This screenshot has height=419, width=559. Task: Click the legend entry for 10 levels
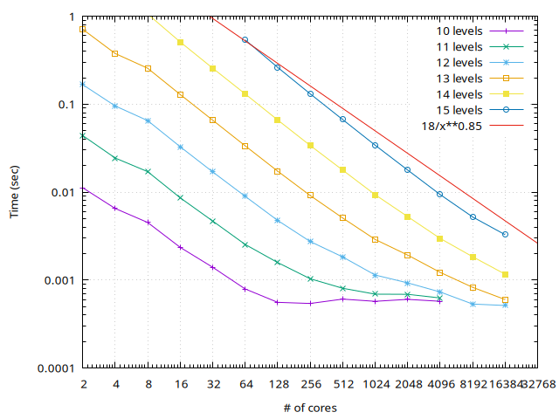click(459, 31)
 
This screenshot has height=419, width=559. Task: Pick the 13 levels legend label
click(459, 79)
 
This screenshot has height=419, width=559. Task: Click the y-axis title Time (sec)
click(15, 192)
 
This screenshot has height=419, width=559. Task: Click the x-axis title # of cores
click(310, 408)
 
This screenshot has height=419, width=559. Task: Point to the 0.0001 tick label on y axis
click(53, 367)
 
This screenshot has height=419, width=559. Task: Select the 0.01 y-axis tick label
click(62, 192)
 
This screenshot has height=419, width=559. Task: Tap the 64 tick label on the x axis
click(245, 384)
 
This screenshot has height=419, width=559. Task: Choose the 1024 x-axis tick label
click(375, 384)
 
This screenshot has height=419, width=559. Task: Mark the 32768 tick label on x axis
click(537, 384)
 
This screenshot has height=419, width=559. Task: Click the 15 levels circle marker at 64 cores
click(245, 40)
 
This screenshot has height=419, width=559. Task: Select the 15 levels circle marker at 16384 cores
click(505, 234)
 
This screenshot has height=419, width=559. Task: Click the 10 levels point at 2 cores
click(84, 189)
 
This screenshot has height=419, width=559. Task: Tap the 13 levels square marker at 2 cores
click(84, 29)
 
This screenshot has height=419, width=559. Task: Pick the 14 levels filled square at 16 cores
click(181, 42)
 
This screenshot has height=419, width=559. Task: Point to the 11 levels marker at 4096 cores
click(440, 298)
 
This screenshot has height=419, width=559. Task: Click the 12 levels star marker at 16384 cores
click(505, 305)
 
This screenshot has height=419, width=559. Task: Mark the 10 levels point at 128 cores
click(278, 302)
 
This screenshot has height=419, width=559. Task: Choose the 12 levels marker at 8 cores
click(148, 120)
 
